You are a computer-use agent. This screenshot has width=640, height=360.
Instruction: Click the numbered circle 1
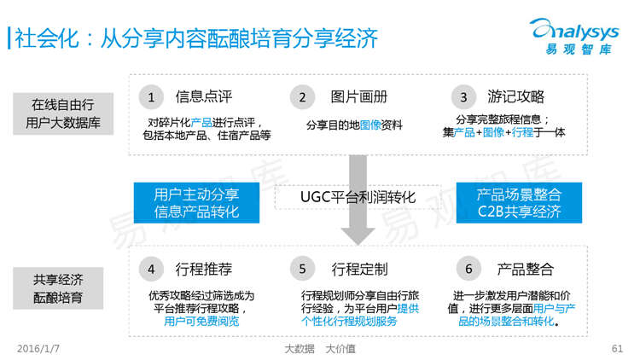point(151,96)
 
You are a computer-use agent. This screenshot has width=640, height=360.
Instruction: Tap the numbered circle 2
point(301,96)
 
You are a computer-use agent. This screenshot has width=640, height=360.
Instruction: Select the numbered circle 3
point(463,96)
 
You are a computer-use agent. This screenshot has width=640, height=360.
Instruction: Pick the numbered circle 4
point(151,270)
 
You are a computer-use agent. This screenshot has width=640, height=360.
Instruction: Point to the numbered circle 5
point(301,270)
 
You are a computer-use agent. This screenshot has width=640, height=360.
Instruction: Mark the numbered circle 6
point(468,270)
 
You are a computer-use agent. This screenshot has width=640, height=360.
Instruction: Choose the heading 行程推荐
point(203,270)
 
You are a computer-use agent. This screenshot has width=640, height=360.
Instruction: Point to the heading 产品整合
point(526,270)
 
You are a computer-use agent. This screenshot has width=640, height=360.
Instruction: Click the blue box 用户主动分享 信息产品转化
point(196,202)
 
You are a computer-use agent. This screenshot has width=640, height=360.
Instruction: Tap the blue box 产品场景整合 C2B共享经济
point(519,202)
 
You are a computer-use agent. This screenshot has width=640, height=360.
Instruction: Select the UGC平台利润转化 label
point(358,197)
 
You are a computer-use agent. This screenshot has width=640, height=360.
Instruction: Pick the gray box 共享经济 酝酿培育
point(58,287)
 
